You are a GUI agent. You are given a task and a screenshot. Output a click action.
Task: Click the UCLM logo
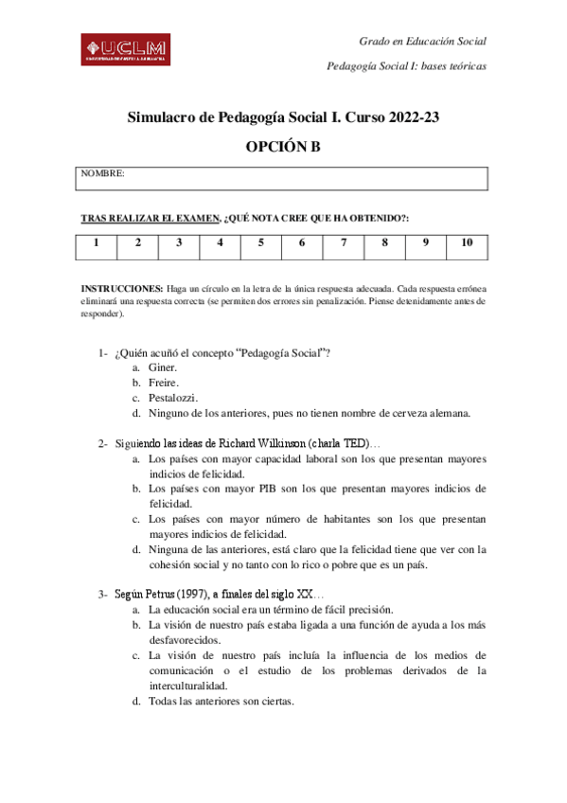click(x=124, y=49)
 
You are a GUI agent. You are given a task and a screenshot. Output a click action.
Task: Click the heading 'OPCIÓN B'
click(x=283, y=146)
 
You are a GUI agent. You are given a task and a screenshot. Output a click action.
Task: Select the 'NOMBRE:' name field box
click(x=283, y=178)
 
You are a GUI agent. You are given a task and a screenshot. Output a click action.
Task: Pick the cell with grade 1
click(x=97, y=243)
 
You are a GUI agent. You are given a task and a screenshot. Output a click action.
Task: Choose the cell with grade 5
click(x=260, y=243)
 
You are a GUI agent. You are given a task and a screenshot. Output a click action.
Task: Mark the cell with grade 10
click(x=467, y=243)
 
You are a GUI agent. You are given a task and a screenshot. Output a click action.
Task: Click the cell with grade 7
click(x=343, y=243)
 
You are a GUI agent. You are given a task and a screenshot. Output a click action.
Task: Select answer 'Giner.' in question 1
click(x=164, y=367)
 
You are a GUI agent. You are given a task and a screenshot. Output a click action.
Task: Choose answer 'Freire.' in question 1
click(x=165, y=383)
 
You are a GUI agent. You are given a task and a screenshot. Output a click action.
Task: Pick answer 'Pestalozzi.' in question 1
click(x=173, y=398)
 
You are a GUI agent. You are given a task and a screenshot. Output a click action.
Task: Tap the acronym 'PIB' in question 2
click(x=266, y=489)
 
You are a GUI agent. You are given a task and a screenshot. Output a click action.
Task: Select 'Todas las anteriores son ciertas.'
click(x=221, y=702)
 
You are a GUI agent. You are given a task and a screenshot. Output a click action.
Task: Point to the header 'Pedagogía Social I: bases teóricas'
click(x=406, y=66)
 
